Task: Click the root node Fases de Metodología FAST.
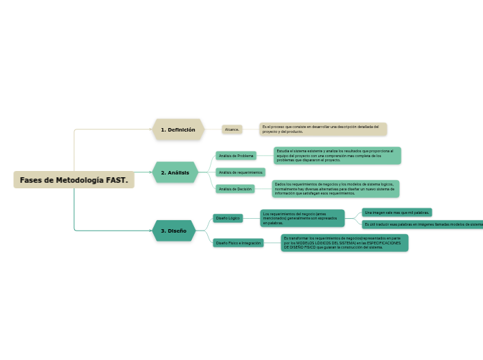click(73, 180)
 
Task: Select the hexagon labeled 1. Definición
click(178, 129)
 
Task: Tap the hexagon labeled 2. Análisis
click(175, 172)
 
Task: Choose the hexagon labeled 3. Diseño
click(173, 231)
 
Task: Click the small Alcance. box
click(232, 129)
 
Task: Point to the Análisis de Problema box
click(236, 156)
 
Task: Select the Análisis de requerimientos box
click(240, 172)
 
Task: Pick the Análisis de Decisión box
click(235, 189)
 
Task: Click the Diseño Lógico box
click(228, 218)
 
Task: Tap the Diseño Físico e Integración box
click(238, 243)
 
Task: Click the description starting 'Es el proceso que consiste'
click(323, 129)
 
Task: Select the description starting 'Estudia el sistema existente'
click(337, 156)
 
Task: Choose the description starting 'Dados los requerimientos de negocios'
click(335, 189)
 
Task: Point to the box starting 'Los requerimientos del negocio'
click(302, 219)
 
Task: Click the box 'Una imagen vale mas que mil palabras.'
click(397, 213)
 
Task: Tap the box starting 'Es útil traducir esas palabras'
click(423, 224)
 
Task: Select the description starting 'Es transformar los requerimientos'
click(345, 242)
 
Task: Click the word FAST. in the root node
click(118, 180)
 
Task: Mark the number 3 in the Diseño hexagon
click(162, 231)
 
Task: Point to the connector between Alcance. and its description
click(251, 129)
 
